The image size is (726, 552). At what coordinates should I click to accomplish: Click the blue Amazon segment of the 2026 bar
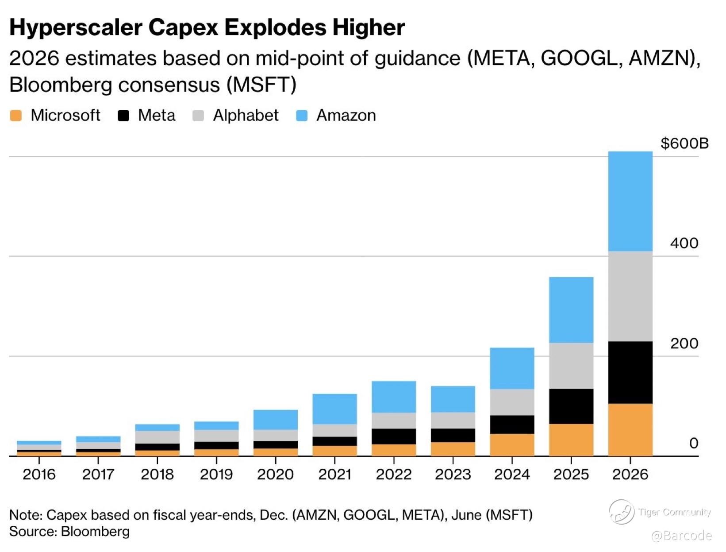[x=630, y=201]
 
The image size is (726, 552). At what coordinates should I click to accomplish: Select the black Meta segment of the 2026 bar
[x=630, y=372]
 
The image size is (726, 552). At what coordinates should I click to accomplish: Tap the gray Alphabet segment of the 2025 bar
[x=571, y=366]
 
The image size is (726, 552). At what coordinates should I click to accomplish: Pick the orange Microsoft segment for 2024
[x=512, y=444]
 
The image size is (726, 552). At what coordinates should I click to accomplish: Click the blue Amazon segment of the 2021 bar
[x=334, y=409]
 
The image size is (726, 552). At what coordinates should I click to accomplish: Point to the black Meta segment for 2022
[x=394, y=436]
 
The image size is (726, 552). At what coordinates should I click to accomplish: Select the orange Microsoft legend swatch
[x=16, y=116]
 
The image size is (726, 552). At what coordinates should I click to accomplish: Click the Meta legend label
[x=157, y=116]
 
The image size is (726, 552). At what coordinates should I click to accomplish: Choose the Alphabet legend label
[x=246, y=116]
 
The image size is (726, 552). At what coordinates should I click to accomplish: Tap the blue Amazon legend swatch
[x=302, y=116]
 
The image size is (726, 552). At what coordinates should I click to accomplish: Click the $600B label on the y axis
[x=684, y=143]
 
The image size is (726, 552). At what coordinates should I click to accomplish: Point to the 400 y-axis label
[x=684, y=243]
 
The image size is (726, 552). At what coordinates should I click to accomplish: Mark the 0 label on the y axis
[x=693, y=443]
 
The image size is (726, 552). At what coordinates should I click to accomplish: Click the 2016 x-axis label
[x=39, y=475]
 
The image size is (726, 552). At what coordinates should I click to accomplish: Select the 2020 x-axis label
[x=275, y=475]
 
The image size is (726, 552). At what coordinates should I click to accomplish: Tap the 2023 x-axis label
[x=453, y=475]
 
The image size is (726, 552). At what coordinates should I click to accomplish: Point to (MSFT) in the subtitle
[x=261, y=85]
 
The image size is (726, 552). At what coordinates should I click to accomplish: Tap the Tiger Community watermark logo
[x=621, y=512]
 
